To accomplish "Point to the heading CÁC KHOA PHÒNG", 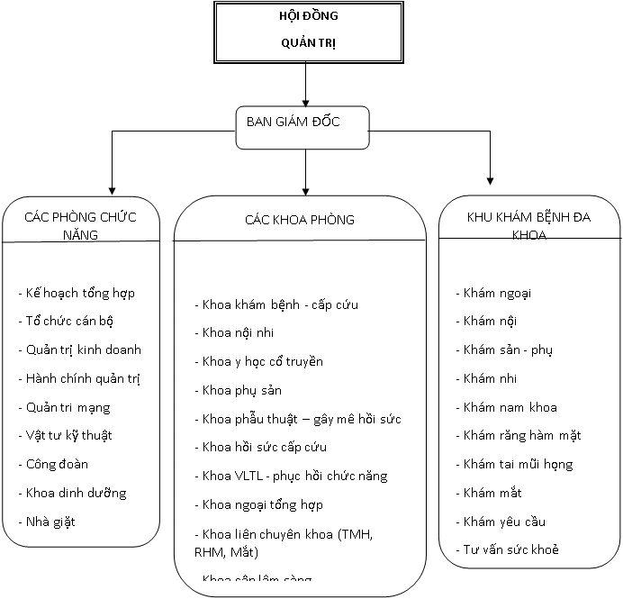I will (299, 220).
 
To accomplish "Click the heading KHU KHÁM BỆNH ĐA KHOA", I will (529, 225).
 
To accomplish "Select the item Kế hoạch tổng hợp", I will (79, 293).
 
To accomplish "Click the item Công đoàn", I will (56, 464).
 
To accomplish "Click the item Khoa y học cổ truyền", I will (261, 361).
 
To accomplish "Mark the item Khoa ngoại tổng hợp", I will (261, 504).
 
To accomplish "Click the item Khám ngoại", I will (492, 293).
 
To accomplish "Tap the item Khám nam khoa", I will (509, 407).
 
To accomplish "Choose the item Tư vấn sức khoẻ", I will (510, 549).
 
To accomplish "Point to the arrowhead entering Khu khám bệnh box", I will (491, 178).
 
